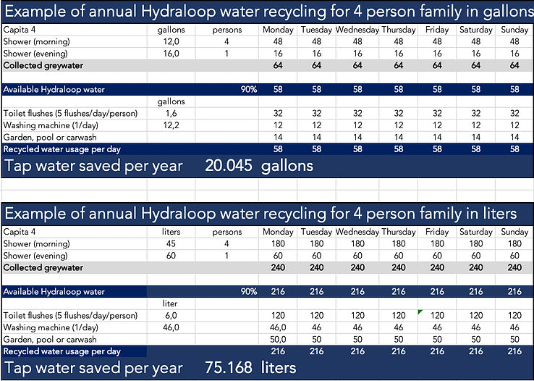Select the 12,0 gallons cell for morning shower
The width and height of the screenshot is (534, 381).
(x=171, y=42)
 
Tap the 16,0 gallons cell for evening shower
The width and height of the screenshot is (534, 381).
(x=171, y=54)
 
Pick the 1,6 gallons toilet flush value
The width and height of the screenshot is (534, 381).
(x=171, y=114)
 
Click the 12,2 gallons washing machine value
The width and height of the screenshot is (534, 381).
(x=171, y=125)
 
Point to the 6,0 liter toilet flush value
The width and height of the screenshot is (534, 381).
(x=171, y=316)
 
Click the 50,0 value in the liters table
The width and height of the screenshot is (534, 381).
(x=278, y=339)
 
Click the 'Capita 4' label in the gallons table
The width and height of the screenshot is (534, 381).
(x=21, y=30)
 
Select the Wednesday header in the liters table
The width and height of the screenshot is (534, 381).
(x=357, y=232)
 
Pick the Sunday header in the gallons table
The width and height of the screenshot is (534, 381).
(x=514, y=30)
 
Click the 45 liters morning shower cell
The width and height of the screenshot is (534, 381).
(x=171, y=244)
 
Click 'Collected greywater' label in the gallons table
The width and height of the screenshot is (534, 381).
(x=43, y=66)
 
